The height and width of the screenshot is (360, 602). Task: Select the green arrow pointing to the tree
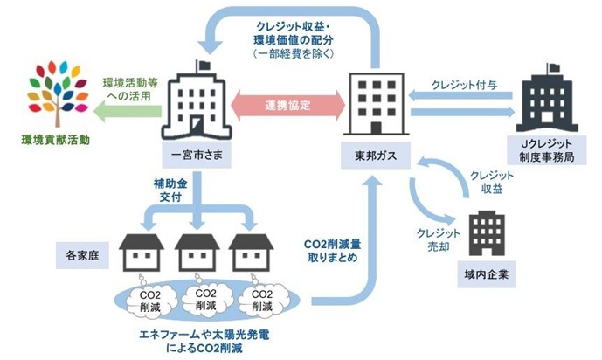122,109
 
